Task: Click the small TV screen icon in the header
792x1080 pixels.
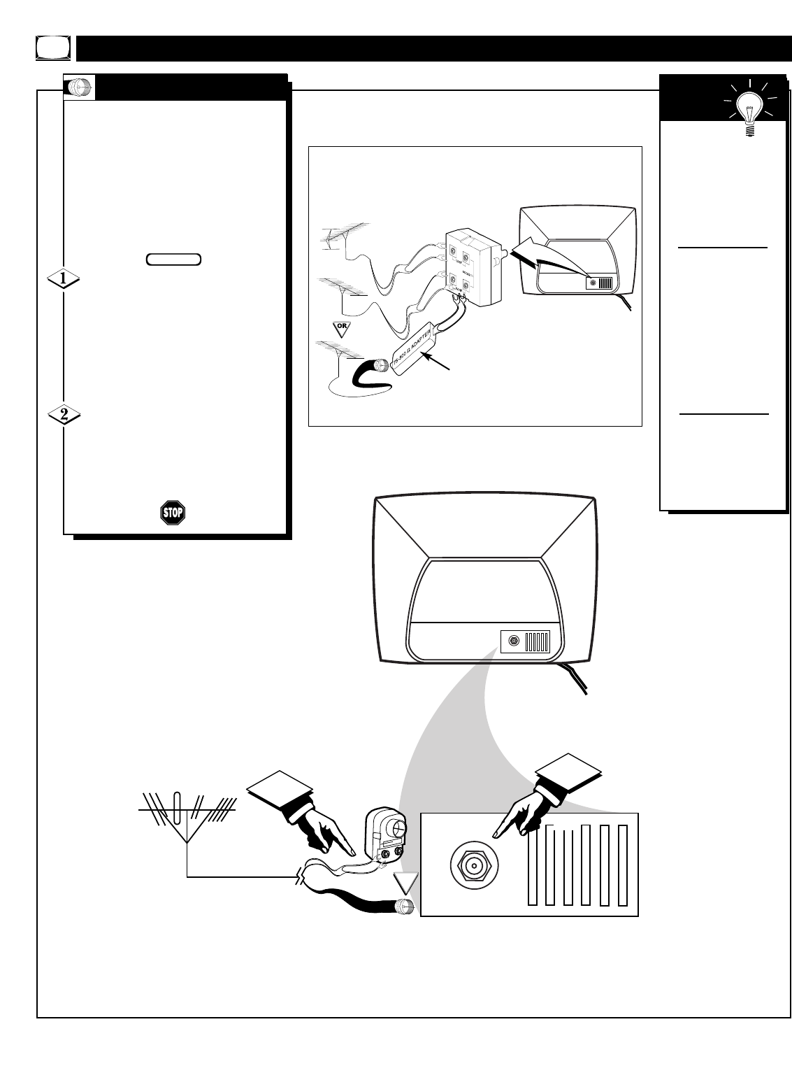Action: pos(53,48)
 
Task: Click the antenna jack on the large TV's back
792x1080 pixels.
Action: pos(514,641)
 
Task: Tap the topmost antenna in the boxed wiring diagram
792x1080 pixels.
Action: pos(345,230)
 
